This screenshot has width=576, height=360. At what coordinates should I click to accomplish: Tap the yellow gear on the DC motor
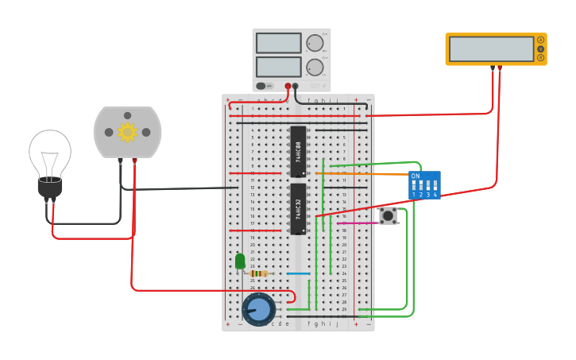(127, 132)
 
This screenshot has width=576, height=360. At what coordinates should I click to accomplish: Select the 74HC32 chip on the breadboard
(298, 209)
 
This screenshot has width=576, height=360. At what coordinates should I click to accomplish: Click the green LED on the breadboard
(240, 261)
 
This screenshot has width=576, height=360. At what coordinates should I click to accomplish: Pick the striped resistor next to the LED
(258, 273)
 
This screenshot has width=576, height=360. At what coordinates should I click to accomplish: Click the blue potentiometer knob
(258, 309)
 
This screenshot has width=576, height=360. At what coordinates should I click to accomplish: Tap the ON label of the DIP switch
(415, 176)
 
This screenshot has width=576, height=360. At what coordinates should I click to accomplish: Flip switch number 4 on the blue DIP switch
(435, 185)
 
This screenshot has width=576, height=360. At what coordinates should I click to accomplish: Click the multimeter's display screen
(491, 49)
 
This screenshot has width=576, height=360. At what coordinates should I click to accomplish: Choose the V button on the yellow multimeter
(541, 48)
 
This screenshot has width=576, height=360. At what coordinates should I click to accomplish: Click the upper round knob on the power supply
(315, 43)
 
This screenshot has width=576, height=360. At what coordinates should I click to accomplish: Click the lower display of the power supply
(278, 66)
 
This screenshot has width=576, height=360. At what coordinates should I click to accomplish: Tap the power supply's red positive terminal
(288, 85)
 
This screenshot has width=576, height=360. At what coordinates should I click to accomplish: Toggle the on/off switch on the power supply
(264, 86)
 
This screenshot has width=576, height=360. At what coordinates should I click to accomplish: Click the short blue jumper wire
(298, 273)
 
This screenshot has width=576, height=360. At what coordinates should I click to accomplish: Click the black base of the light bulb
(50, 189)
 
